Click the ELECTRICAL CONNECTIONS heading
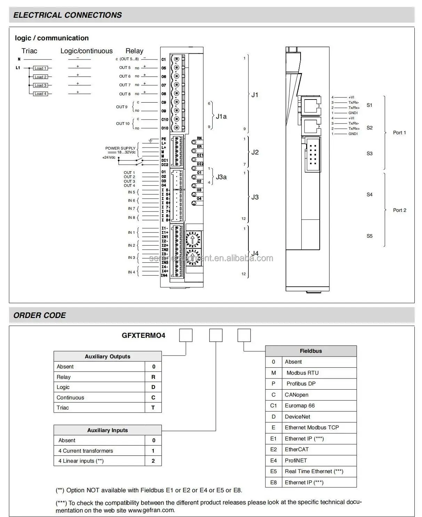tap(67, 15)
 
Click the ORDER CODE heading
tap(39, 315)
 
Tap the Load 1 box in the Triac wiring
tap(40, 68)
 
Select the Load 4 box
tap(40, 94)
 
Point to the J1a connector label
tap(221, 116)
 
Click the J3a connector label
tap(221, 177)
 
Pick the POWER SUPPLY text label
tap(120, 148)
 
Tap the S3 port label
tap(369, 153)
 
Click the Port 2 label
tap(399, 210)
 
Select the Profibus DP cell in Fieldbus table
tap(301, 383)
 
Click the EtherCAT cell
tap(296, 449)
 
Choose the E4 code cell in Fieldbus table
tap(273, 460)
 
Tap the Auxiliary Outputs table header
tap(108, 356)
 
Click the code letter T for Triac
tap(153, 407)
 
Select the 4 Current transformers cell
tap(86, 451)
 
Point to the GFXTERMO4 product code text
tap(143, 335)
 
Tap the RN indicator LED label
tap(199, 138)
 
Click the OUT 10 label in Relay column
tap(122, 124)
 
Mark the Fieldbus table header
tap(311, 351)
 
